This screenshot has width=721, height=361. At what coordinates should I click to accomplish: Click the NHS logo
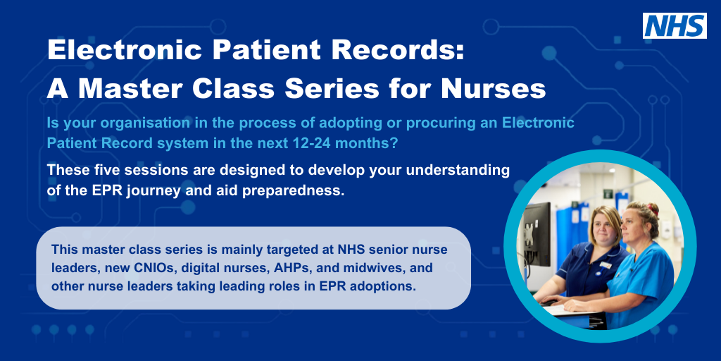pos(674,25)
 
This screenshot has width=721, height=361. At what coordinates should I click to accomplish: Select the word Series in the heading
pos(338,88)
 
